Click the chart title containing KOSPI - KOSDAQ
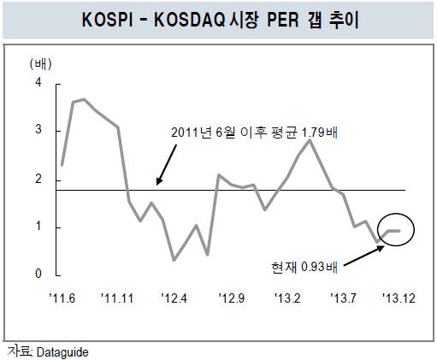pyautogui.click(x=220, y=20)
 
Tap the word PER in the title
pyautogui.click(x=283, y=20)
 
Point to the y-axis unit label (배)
pyautogui.click(x=41, y=64)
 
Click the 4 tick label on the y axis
pyautogui.click(x=38, y=82)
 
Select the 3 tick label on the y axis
pyautogui.click(x=38, y=129)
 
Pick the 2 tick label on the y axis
pyautogui.click(x=38, y=179)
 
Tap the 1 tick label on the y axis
pyautogui.click(x=38, y=226)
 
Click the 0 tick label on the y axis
pyautogui.click(x=38, y=274)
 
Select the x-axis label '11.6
pyautogui.click(x=62, y=298)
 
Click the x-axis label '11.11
pyautogui.click(x=117, y=298)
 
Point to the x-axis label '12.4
pyautogui.click(x=174, y=298)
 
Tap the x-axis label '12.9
pyautogui.click(x=232, y=298)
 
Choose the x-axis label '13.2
pyautogui.click(x=287, y=298)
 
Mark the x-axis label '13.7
pyautogui.click(x=343, y=298)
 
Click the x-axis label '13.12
pyautogui.click(x=399, y=298)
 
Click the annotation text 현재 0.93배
pyautogui.click(x=304, y=267)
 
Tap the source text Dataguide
pyautogui.click(x=62, y=352)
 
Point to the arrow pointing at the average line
pyautogui.click(x=166, y=165)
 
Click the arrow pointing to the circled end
pyautogui.click(x=364, y=256)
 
